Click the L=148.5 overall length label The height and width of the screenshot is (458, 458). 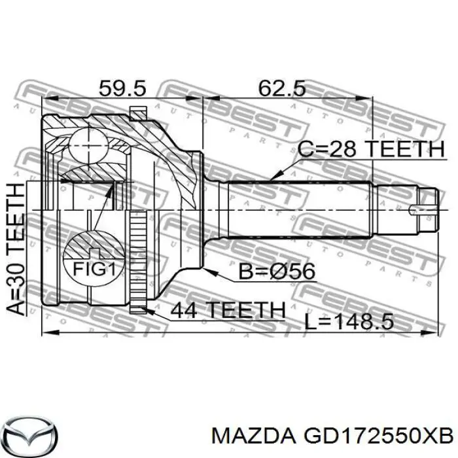tap(357, 321)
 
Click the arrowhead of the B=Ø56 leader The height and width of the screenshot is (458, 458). tap(207, 268)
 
